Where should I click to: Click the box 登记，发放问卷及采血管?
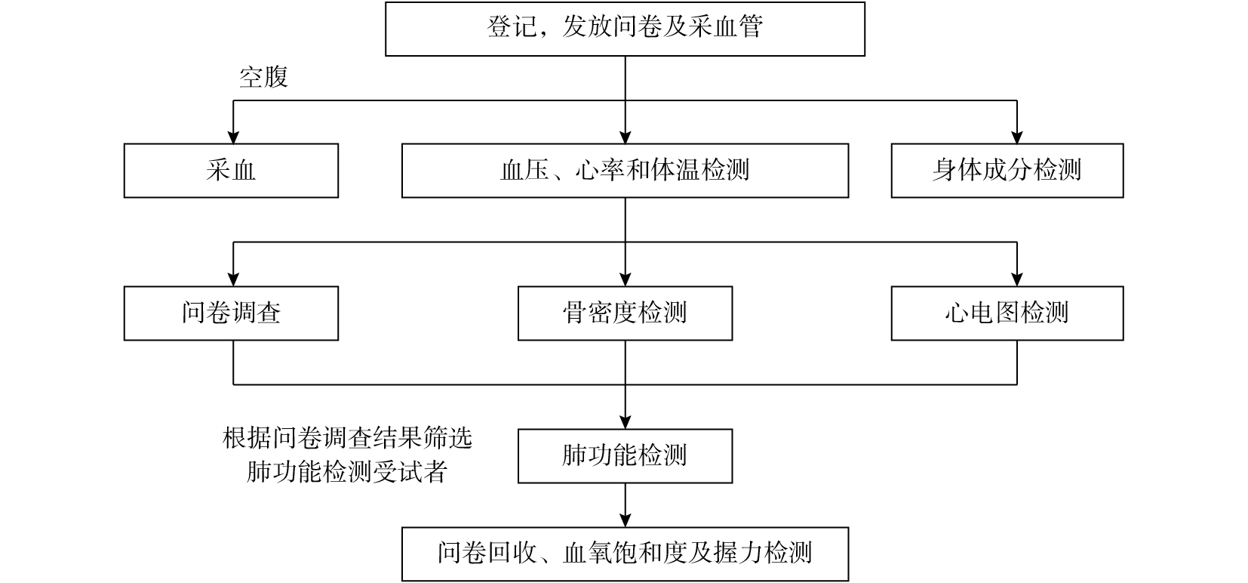pyautogui.click(x=625, y=29)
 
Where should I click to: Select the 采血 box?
pyautogui.click(x=231, y=171)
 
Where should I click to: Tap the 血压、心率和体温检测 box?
pyautogui.click(x=625, y=171)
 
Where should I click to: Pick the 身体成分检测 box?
pyautogui.click(x=1007, y=171)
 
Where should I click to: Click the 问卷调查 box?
pyautogui.click(x=231, y=313)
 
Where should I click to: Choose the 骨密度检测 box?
pyautogui.click(x=625, y=313)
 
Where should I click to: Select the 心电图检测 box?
pyautogui.click(x=1007, y=313)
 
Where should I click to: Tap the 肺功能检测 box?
pyautogui.click(x=625, y=456)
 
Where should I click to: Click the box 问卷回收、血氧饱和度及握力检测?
pyautogui.click(x=625, y=554)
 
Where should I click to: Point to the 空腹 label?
pyautogui.click(x=263, y=77)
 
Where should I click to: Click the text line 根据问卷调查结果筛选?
pyautogui.click(x=348, y=439)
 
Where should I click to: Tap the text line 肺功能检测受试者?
pyautogui.click(x=347, y=471)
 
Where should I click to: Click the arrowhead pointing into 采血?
pyautogui.click(x=233, y=137)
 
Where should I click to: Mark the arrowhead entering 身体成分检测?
pyautogui.click(x=1017, y=137)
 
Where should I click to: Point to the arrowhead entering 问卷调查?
pyautogui.click(x=233, y=280)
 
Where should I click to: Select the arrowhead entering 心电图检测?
pyautogui.click(x=1017, y=280)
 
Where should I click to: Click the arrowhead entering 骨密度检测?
pyautogui.click(x=625, y=280)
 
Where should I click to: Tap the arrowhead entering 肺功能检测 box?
pyautogui.click(x=625, y=423)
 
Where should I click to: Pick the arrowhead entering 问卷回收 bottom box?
pyautogui.click(x=625, y=521)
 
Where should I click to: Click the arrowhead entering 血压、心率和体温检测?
pyautogui.click(x=625, y=137)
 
